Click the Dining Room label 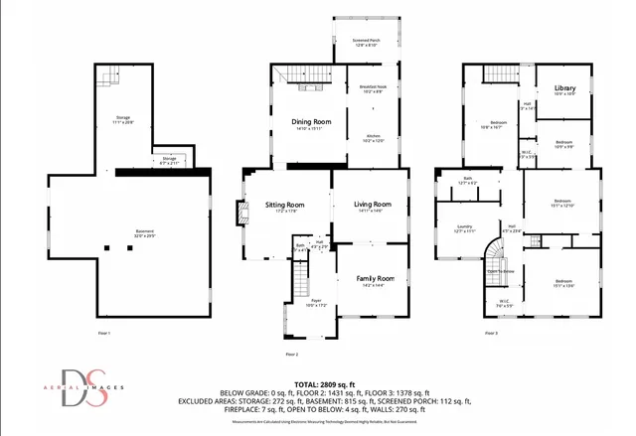tap(311, 123)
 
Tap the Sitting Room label tap(284, 206)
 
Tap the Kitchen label tap(374, 137)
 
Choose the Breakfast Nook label tap(374, 89)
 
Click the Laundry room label tap(464, 227)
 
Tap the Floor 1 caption tap(103, 332)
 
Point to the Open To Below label tap(500, 270)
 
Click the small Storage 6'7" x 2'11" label tap(169, 161)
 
